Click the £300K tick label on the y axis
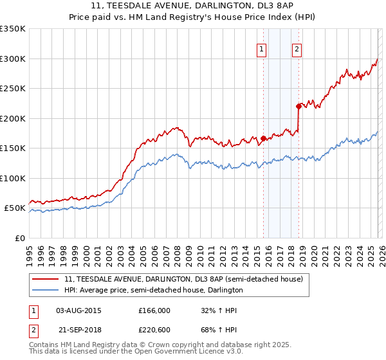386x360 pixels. point(13,59)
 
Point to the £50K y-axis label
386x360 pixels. point(15,208)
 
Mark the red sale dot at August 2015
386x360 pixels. point(263,138)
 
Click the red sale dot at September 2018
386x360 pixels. point(299,106)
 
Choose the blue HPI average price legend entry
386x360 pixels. point(153,290)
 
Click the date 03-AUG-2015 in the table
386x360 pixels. point(78,310)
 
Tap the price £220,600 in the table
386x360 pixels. point(154,328)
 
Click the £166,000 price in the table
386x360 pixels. point(154,310)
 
